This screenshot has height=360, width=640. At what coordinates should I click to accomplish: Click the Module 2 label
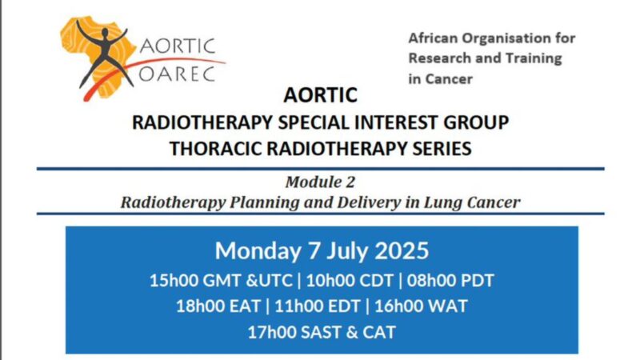pos(320,182)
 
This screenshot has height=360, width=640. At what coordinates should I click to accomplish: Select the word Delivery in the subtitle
pos(350,202)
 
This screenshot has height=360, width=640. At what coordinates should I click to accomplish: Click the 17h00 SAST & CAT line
pos(320,330)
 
